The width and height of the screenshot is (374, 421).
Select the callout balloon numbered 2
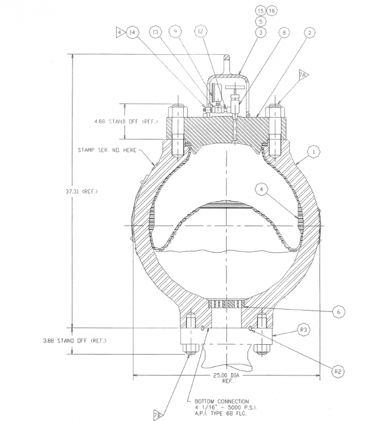point(311,33)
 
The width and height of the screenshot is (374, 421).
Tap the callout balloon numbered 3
point(261,33)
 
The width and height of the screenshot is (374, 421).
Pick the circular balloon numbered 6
point(339,312)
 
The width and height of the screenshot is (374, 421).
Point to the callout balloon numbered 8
point(284,33)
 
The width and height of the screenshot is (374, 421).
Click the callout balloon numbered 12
point(201,33)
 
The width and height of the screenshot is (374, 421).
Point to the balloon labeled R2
point(339,372)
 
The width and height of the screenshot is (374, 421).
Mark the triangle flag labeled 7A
point(304,74)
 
